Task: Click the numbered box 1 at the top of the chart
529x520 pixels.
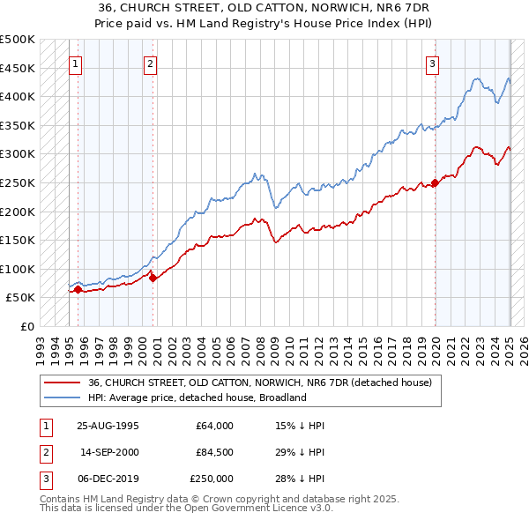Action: (75, 63)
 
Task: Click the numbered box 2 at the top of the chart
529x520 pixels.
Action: (151, 63)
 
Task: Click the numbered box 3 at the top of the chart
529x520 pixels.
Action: (433, 63)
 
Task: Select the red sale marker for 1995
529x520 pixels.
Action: (78, 289)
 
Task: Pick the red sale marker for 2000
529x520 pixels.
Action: (153, 278)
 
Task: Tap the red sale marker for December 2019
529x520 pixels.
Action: (436, 183)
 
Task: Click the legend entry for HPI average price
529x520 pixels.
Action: (197, 397)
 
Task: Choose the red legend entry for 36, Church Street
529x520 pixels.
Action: (259, 383)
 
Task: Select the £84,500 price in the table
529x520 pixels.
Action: (214, 452)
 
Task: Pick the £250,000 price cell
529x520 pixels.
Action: (212, 479)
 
